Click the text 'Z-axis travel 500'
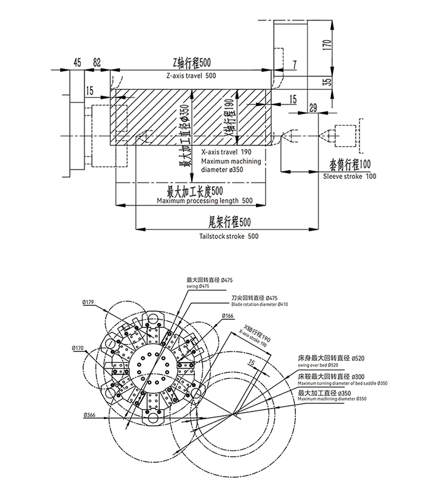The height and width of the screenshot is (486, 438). click(x=191, y=76)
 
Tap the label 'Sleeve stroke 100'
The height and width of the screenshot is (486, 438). click(x=350, y=177)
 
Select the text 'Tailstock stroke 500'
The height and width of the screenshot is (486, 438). click(x=228, y=236)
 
